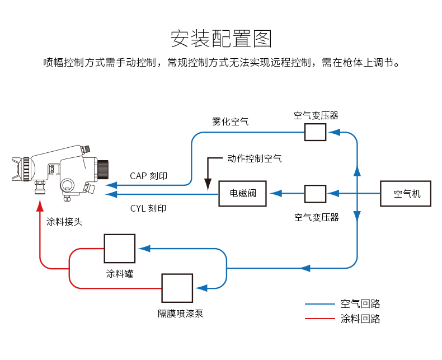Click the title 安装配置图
(220, 38)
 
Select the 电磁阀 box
(242, 194)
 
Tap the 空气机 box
(406, 194)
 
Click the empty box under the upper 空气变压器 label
(315, 132)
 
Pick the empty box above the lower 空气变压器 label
(315, 194)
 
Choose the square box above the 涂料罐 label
(119, 249)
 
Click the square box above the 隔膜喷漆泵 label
(177, 288)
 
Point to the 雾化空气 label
(230, 121)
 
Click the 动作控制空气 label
(255, 158)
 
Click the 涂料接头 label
(64, 222)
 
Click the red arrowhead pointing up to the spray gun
(40, 205)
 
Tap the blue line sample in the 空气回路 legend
(319, 304)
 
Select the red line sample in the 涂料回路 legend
(319, 319)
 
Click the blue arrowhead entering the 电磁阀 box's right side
(275, 194)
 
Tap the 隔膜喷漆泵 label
(180, 314)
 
